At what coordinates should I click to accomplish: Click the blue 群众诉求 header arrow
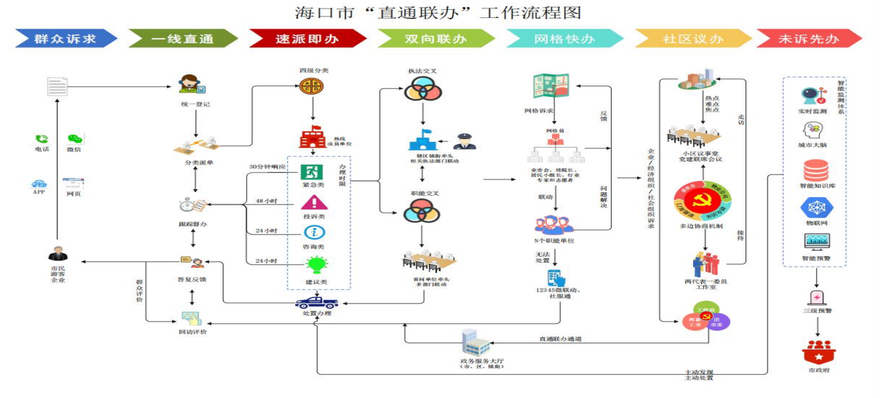[x=66, y=39]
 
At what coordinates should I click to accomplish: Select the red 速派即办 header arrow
[x=307, y=39]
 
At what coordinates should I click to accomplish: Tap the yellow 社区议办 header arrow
[x=693, y=39]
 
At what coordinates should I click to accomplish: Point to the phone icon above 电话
[x=42, y=139]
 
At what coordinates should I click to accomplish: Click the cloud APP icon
[x=40, y=183]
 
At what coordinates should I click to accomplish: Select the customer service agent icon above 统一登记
[x=191, y=84]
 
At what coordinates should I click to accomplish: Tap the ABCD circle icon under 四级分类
[x=312, y=86]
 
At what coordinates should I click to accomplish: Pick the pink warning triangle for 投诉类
[x=314, y=202]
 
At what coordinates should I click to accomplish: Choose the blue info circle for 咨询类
[x=314, y=232]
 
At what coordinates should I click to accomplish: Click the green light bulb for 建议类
[x=316, y=265]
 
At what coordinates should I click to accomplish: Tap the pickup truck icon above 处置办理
[x=316, y=302]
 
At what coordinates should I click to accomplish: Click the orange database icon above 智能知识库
[x=815, y=170]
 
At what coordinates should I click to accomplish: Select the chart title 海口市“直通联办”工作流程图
[x=438, y=12]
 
